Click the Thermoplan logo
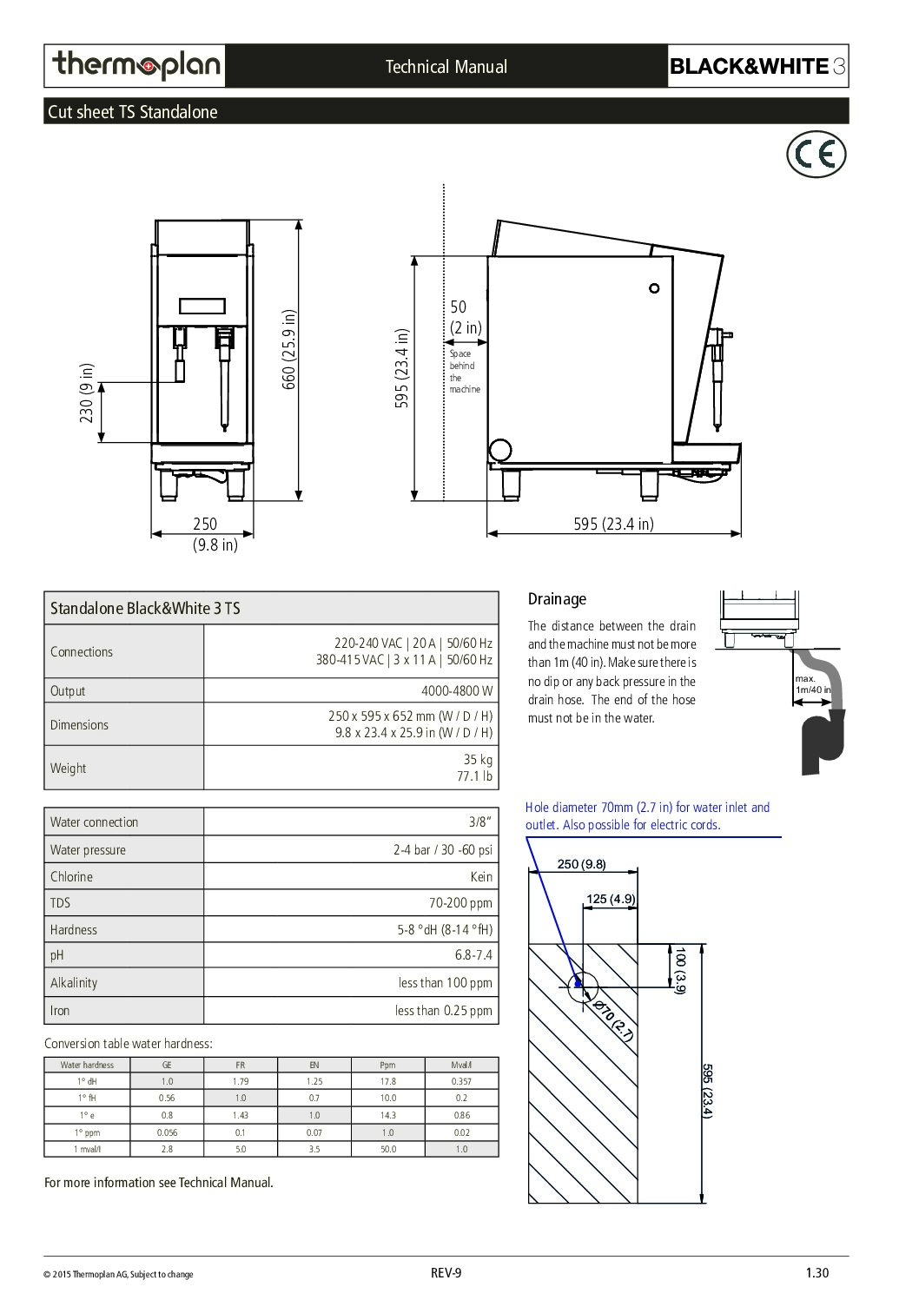[x=136, y=66]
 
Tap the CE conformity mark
[x=816, y=155]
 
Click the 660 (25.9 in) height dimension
[x=290, y=349]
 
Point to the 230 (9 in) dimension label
[x=87, y=393]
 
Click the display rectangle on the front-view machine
[x=202, y=306]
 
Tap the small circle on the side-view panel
[x=654, y=288]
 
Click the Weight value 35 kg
[x=477, y=759]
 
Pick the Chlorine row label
[x=71, y=877]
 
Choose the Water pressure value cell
[x=442, y=850]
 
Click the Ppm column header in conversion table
[x=387, y=1065]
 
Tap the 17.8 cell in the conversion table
[x=387, y=1082]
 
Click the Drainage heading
[x=557, y=599]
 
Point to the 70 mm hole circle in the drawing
[x=584, y=986]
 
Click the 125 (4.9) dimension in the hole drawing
[x=611, y=899]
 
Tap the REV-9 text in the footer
[x=446, y=1273]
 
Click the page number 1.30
[x=817, y=1273]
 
